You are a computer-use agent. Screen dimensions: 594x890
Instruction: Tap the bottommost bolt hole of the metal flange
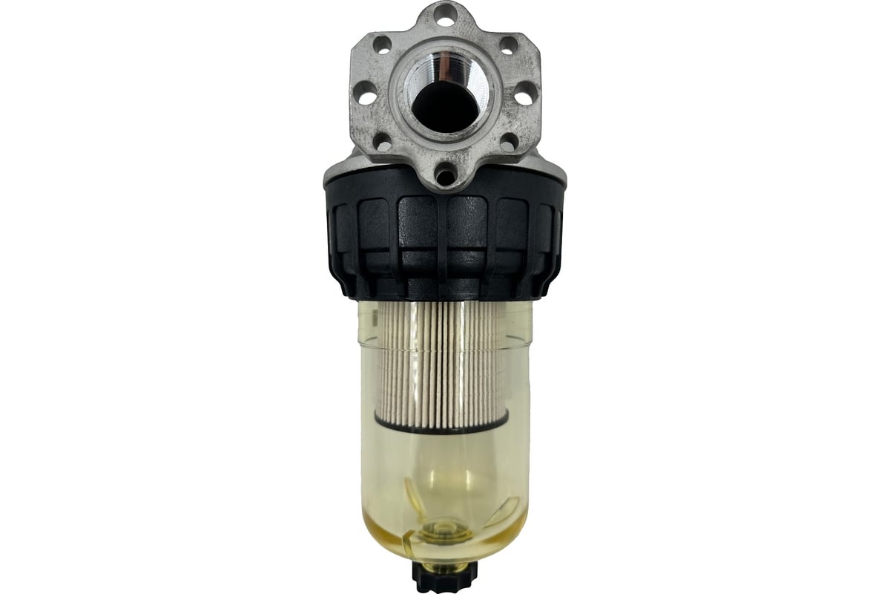click(x=444, y=177)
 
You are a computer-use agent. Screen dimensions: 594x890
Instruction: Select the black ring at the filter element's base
click(x=442, y=422)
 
